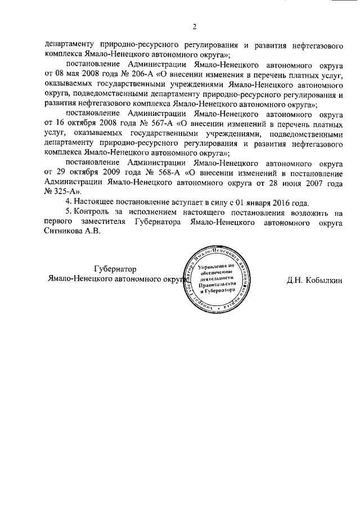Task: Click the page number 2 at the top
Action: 194,26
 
